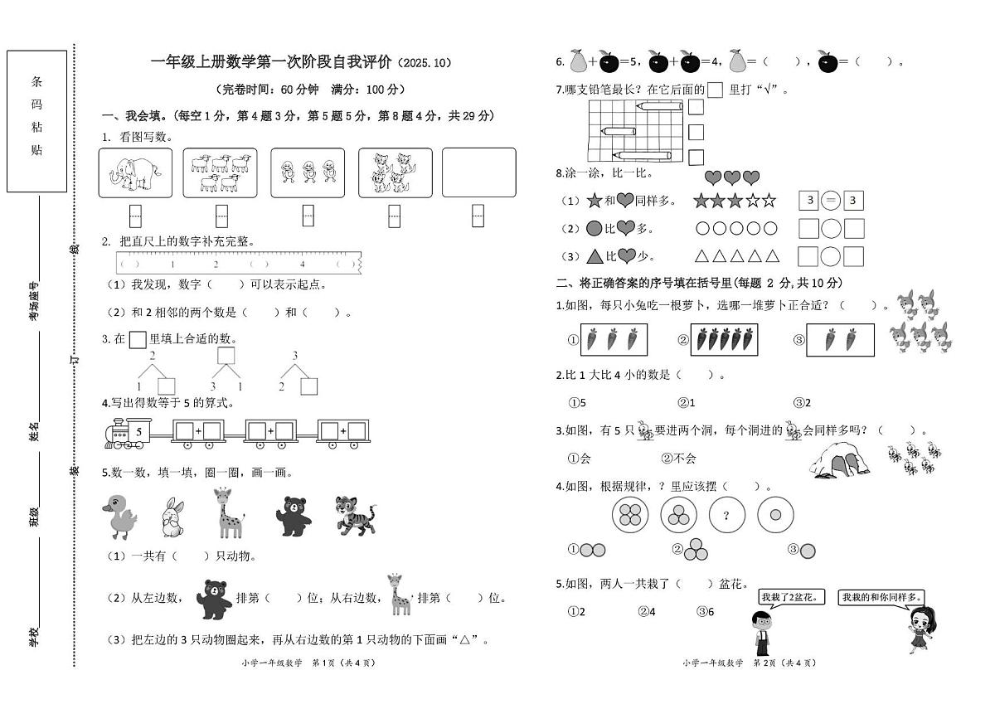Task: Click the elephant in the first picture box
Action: (x=135, y=172)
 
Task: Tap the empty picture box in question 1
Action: (x=478, y=172)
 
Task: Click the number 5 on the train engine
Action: (x=139, y=431)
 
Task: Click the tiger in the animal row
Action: (x=354, y=514)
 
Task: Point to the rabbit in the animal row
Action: (x=172, y=517)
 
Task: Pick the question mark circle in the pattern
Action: (x=726, y=516)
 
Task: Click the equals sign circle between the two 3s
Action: (x=831, y=200)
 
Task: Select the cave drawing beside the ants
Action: (x=839, y=460)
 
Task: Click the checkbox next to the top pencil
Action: (x=696, y=107)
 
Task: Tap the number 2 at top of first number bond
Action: (x=153, y=355)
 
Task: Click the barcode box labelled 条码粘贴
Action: (x=36, y=121)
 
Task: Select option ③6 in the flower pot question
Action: (x=706, y=612)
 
